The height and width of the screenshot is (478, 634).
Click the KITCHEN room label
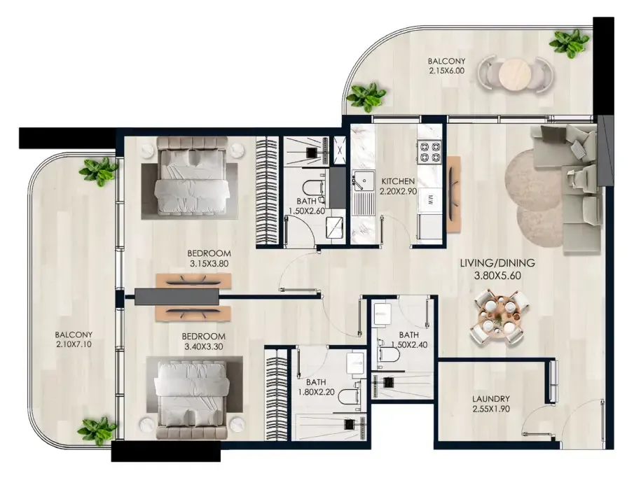click(x=398, y=181)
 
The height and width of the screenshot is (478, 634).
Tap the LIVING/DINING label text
click(x=497, y=263)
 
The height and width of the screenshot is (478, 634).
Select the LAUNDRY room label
click(x=491, y=399)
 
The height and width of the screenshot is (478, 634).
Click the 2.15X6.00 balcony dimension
click(x=446, y=71)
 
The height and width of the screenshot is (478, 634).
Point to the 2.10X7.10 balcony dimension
click(x=74, y=344)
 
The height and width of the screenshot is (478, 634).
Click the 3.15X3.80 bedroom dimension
click(x=209, y=264)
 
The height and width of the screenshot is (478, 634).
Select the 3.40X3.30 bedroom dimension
click(x=203, y=346)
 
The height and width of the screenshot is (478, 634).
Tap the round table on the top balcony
click(x=514, y=73)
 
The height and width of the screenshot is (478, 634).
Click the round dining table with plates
click(x=499, y=316)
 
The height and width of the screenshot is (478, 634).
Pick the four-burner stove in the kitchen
click(x=430, y=152)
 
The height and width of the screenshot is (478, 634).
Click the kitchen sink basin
click(x=365, y=180)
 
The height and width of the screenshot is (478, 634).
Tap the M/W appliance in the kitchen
click(x=430, y=199)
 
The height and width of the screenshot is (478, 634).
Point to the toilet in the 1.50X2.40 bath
click(x=389, y=353)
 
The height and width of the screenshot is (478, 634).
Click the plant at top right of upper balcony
click(x=570, y=43)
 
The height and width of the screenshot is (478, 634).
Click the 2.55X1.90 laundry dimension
click(x=491, y=409)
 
